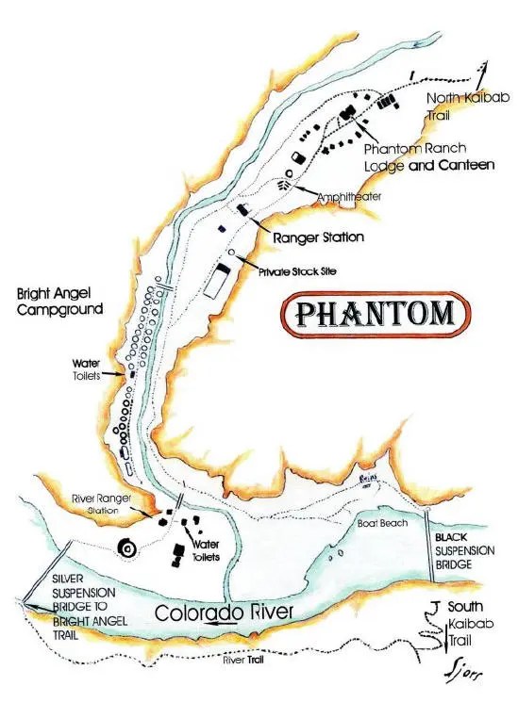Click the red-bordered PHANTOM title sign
[376, 314]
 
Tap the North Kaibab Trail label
[459, 106]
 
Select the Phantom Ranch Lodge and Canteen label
[429, 156]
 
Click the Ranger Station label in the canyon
[318, 237]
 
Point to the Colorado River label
[226, 612]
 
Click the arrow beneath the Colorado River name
[224, 624]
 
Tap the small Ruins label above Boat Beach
[369, 481]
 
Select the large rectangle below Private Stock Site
[220, 281]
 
